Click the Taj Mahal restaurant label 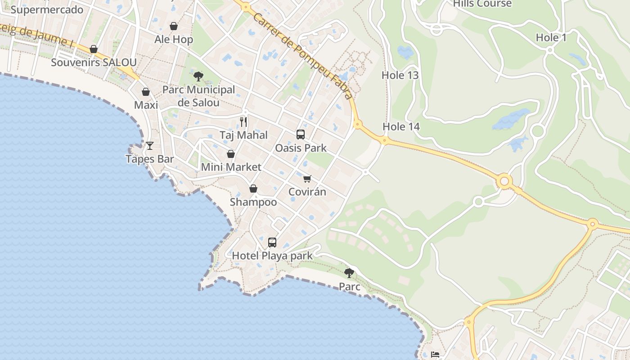click(243, 135)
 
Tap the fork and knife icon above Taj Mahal click(243, 121)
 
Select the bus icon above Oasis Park click(301, 134)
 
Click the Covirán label click(307, 192)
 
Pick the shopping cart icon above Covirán click(307, 179)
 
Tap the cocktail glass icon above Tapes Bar click(150, 145)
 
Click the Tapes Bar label click(150, 159)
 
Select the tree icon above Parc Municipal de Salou click(198, 76)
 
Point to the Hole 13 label click(400, 75)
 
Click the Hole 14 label click(401, 126)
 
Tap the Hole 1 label click(551, 38)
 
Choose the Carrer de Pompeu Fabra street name click(302, 55)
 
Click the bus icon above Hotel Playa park click(272, 243)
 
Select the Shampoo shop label click(253, 202)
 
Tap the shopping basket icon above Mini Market click(231, 154)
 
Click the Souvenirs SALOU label click(94, 62)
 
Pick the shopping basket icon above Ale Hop click(174, 26)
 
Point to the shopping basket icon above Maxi click(146, 92)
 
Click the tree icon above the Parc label click(349, 273)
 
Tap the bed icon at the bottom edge click(435, 355)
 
